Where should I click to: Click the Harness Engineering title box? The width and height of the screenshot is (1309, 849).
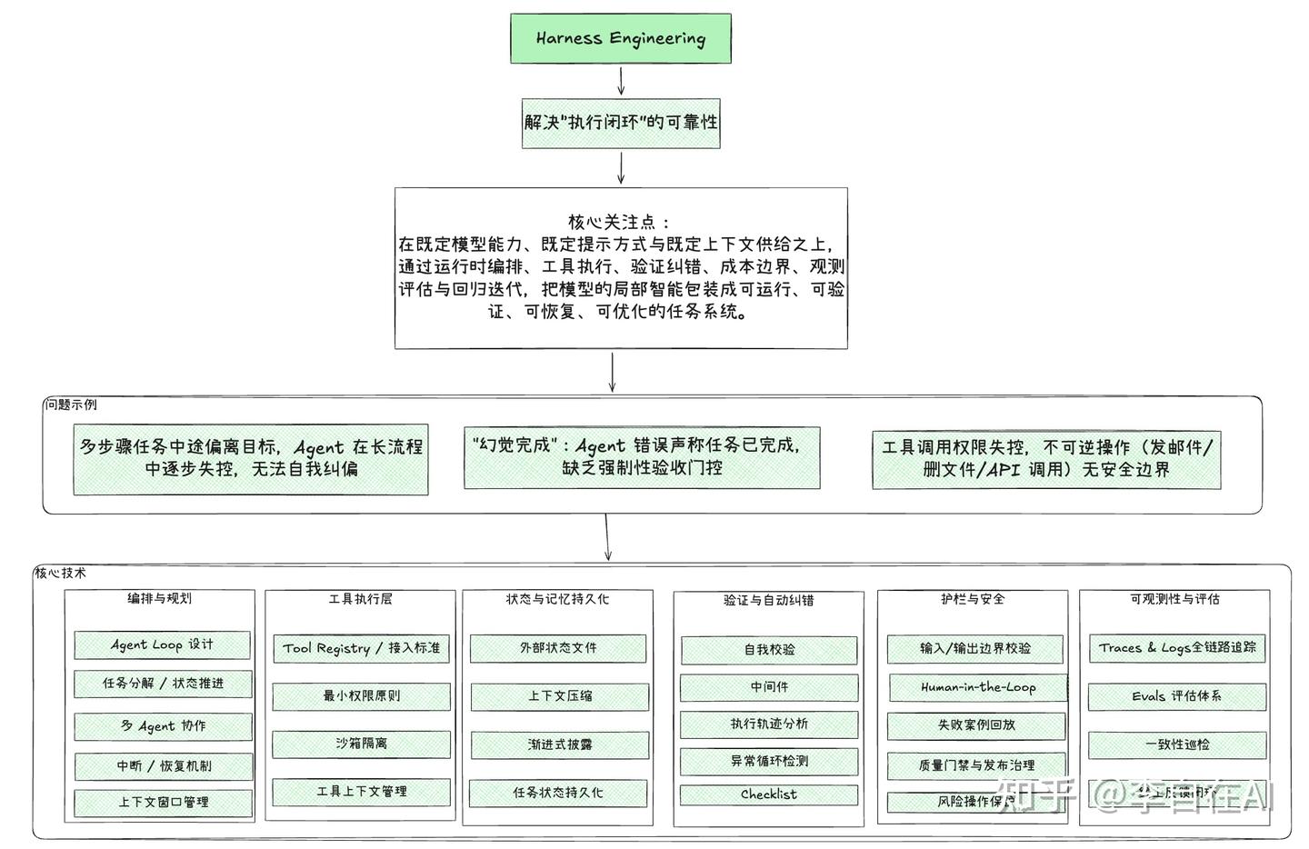pyautogui.click(x=620, y=38)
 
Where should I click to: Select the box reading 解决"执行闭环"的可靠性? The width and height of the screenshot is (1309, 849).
pyautogui.click(x=620, y=123)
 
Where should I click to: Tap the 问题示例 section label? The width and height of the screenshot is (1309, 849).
pyautogui.click(x=71, y=405)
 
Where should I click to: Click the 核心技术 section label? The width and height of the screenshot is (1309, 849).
pyautogui.click(x=61, y=573)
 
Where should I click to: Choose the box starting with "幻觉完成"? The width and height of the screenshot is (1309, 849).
pyautogui.click(x=642, y=457)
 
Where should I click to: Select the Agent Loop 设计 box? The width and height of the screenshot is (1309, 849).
pyautogui.click(x=162, y=644)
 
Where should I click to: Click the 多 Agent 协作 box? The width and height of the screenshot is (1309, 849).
pyautogui.click(x=163, y=725)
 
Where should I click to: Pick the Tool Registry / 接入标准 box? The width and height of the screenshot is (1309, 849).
pyautogui.click(x=361, y=648)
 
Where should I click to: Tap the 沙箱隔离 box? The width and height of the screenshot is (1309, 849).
pyautogui.click(x=361, y=744)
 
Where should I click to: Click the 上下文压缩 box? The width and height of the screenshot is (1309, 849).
pyautogui.click(x=560, y=696)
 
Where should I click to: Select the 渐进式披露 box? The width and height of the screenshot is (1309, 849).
pyautogui.click(x=560, y=744)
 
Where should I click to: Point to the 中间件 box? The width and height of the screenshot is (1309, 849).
pyautogui.click(x=769, y=687)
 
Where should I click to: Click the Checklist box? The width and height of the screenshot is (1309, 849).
pyautogui.click(x=769, y=794)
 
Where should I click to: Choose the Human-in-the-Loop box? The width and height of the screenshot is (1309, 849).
pyautogui.click(x=977, y=687)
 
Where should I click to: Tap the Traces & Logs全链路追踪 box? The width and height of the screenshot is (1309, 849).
pyautogui.click(x=1177, y=647)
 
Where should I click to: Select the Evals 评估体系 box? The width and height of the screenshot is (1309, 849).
pyautogui.click(x=1177, y=696)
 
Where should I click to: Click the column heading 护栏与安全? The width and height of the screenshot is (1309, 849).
pyautogui.click(x=973, y=599)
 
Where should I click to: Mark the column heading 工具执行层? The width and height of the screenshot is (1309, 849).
pyautogui.click(x=360, y=599)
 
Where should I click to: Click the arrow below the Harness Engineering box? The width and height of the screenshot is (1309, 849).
pyautogui.click(x=621, y=80)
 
